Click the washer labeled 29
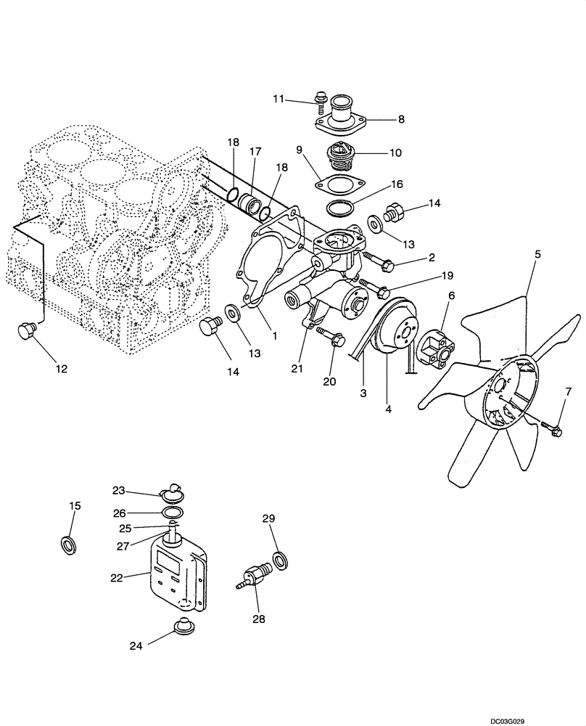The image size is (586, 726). click(x=280, y=560)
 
